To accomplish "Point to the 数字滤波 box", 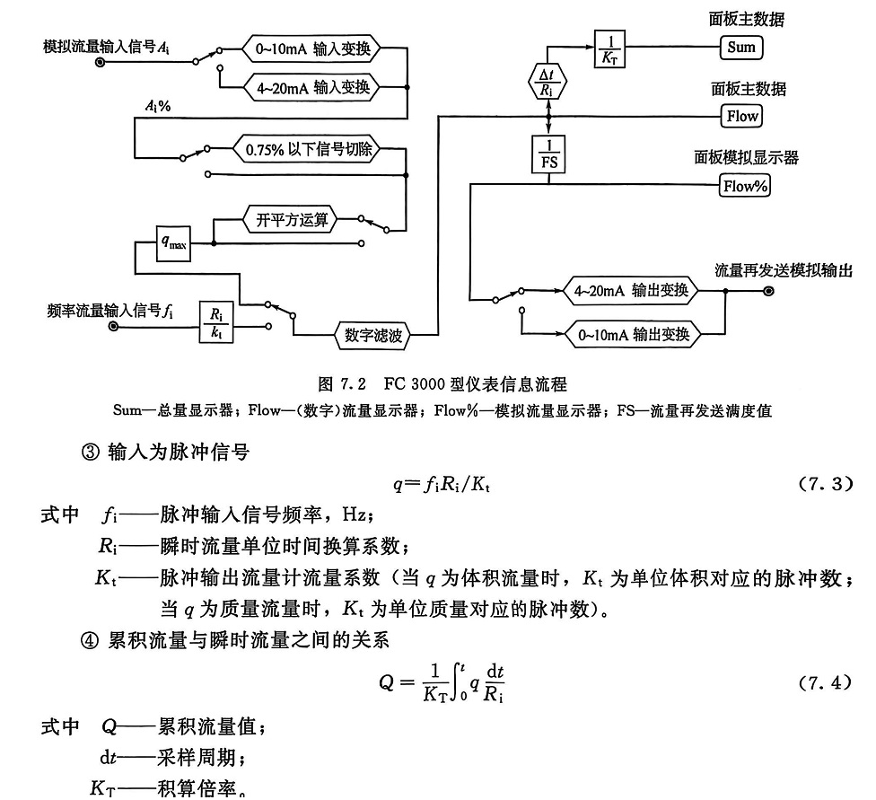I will point(373,335).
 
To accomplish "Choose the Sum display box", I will point(741,47).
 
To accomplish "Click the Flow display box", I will point(741,116).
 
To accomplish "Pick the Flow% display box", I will point(745,186).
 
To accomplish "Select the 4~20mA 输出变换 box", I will point(632,291).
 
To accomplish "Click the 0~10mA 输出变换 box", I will point(632,335).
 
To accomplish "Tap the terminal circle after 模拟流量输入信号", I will point(100,63).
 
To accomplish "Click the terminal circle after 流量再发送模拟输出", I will point(768,291).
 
